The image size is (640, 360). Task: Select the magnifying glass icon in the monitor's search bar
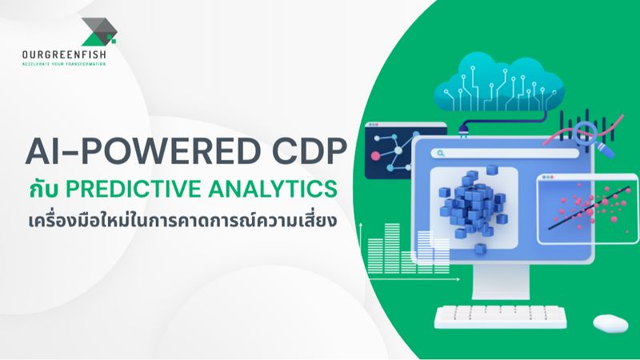click(439, 153)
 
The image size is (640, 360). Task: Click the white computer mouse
click(611, 322)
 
